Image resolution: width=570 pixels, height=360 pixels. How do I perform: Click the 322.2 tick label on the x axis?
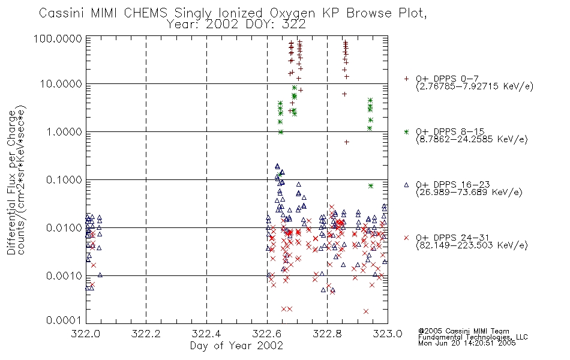click(146, 334)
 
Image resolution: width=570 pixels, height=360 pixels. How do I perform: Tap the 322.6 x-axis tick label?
click(267, 334)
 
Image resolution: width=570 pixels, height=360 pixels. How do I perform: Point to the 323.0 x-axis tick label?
click(388, 334)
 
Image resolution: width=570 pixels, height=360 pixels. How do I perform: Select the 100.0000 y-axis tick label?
click(58, 38)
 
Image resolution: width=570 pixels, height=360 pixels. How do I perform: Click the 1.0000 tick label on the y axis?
click(64, 131)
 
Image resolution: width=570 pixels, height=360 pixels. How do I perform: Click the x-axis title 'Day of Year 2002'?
click(236, 346)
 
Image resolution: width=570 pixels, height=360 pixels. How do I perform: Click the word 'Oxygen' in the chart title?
click(292, 13)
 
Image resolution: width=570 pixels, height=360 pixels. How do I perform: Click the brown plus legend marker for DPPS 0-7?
click(406, 79)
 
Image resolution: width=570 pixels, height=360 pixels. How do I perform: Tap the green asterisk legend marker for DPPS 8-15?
click(406, 131)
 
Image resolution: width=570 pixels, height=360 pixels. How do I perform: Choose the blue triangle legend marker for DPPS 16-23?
click(406, 185)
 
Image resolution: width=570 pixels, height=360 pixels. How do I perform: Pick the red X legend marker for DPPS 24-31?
click(406, 238)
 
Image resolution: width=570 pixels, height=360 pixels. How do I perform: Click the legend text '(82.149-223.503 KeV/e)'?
click(472, 245)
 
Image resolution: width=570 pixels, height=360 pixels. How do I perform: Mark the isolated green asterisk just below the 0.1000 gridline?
click(371, 186)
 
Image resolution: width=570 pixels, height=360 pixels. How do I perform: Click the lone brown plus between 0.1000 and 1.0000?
click(346, 142)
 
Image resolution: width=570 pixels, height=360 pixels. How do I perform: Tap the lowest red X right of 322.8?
click(366, 311)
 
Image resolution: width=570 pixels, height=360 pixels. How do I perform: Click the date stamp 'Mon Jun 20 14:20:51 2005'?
click(467, 343)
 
